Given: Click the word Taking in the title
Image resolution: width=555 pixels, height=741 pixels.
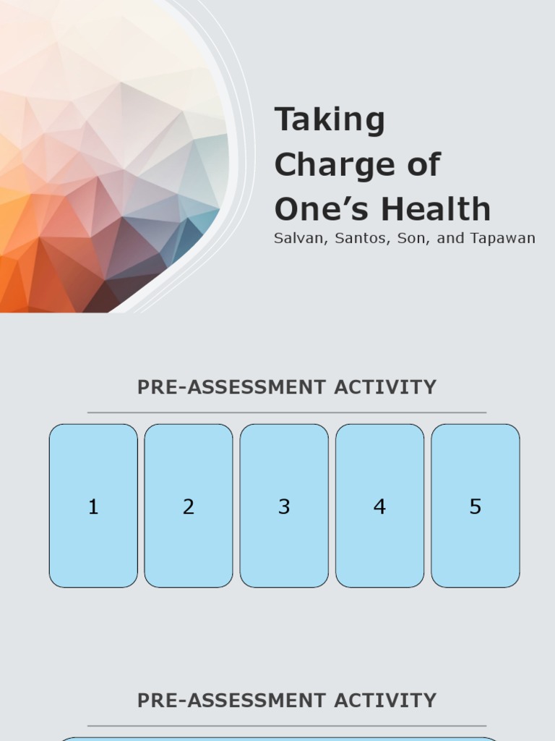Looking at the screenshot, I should pyautogui.click(x=330, y=121).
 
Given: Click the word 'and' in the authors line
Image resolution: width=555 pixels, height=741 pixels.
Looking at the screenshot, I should pyautogui.click(x=450, y=238).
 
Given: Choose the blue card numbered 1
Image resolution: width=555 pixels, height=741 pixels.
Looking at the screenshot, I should pyautogui.click(x=93, y=506).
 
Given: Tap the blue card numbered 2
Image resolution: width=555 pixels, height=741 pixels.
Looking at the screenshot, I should pyautogui.click(x=189, y=506).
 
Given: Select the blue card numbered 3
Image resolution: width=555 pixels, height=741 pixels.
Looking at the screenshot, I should pyautogui.click(x=284, y=506).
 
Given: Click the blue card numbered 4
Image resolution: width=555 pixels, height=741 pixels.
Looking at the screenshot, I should pyautogui.click(x=379, y=506).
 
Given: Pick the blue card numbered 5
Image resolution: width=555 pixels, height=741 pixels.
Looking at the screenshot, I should pyautogui.click(x=475, y=506).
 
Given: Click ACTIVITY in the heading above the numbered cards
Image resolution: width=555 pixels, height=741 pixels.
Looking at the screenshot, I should pyautogui.click(x=385, y=387).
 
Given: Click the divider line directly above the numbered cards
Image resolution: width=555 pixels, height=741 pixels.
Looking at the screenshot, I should pyautogui.click(x=287, y=412).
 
